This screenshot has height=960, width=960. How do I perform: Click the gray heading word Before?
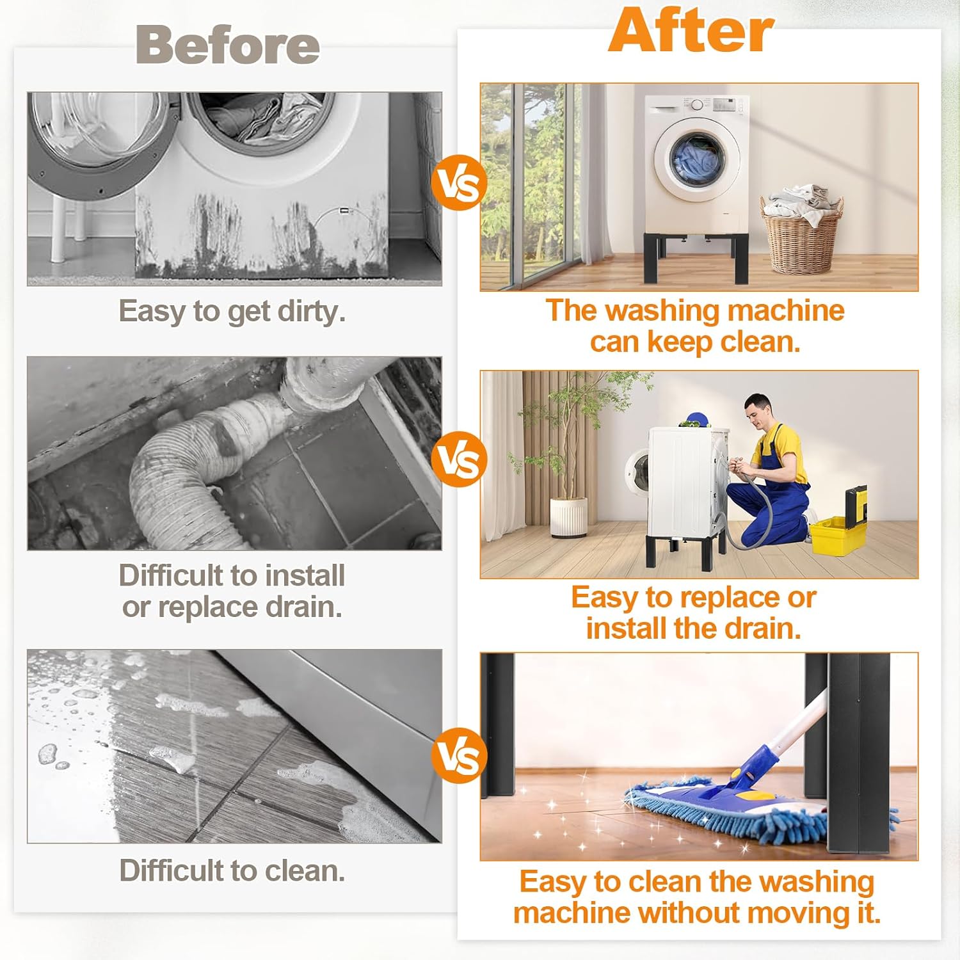(x=228, y=45)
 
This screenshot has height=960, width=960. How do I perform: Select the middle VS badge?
(x=459, y=459)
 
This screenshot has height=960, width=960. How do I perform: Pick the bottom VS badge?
(x=459, y=756)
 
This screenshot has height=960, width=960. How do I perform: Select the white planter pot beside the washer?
(x=568, y=516)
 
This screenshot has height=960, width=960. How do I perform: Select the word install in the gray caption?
(x=305, y=575)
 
